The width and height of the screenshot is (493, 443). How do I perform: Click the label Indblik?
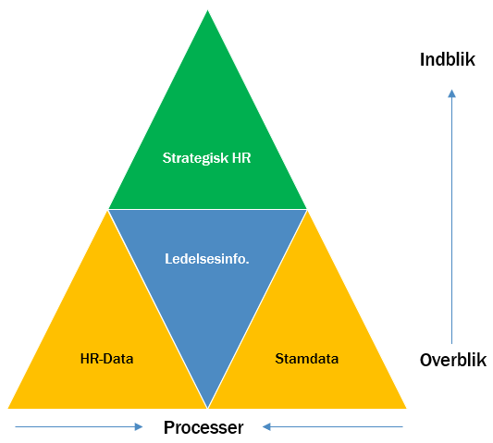(x=448, y=59)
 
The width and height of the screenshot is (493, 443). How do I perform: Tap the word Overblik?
(x=453, y=360)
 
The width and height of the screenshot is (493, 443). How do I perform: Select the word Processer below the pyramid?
(x=203, y=427)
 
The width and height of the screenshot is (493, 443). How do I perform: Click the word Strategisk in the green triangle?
(x=195, y=158)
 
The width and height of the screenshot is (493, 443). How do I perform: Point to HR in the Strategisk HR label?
(x=241, y=158)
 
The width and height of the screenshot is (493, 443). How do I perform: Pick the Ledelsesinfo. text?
(x=207, y=259)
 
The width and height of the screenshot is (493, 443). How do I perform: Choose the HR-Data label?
(x=107, y=359)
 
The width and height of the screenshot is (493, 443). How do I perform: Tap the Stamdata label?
(x=307, y=359)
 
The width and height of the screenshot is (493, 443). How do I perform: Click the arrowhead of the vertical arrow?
(x=451, y=93)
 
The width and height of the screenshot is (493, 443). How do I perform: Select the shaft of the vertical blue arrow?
(x=451, y=221)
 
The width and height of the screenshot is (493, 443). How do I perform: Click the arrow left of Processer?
(x=79, y=426)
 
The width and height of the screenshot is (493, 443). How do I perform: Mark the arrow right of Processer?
(x=333, y=426)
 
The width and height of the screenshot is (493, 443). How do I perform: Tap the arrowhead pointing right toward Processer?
(x=139, y=426)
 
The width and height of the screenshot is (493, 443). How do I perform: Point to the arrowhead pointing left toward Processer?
(x=266, y=426)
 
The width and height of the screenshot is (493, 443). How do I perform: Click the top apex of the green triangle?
(x=207, y=10)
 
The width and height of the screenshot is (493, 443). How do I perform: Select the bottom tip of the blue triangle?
(x=207, y=408)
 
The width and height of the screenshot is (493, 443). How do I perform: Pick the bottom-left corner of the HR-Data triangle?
(x=8, y=409)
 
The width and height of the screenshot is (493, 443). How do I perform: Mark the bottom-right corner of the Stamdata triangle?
(x=406, y=409)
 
